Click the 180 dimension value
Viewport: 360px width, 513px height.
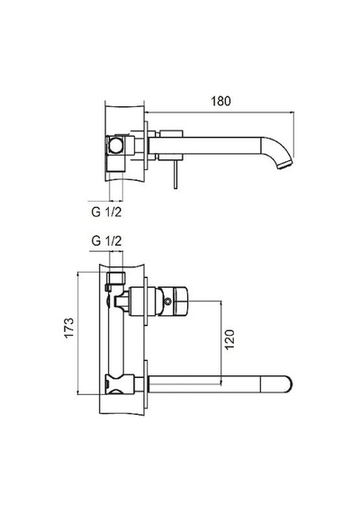[x=220, y=101]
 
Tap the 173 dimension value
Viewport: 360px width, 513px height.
[x=69, y=328]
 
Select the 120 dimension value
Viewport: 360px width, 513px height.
[x=229, y=339]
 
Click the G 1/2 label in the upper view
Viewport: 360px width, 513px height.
[x=106, y=212]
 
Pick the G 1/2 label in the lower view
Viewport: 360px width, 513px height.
[x=106, y=241]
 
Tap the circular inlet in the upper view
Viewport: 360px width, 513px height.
[x=115, y=145]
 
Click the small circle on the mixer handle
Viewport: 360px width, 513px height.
[x=168, y=301]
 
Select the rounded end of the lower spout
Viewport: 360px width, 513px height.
[x=284, y=384]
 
